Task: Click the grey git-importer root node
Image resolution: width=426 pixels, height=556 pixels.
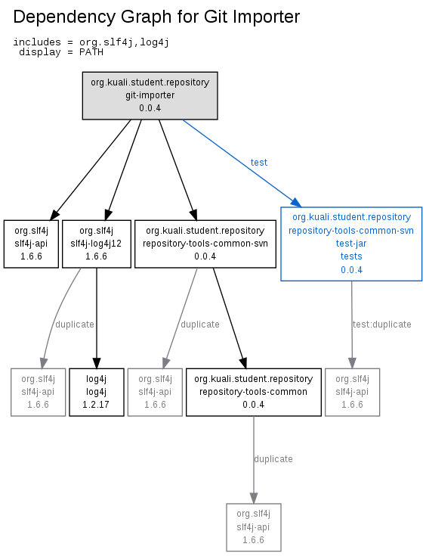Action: click(150, 95)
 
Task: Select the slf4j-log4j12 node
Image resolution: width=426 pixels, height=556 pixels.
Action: click(97, 244)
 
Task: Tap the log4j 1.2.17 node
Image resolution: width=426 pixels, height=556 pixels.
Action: click(97, 392)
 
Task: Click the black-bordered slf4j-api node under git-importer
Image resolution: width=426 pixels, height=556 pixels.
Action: click(31, 244)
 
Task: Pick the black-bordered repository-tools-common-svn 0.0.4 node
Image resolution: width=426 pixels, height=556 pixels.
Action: click(205, 244)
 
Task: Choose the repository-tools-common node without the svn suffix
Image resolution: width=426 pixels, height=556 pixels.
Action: click(254, 392)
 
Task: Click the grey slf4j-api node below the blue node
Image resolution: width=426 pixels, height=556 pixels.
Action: click(352, 392)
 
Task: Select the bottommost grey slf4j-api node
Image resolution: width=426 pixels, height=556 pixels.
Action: click(254, 527)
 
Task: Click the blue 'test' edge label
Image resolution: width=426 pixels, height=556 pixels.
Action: click(259, 163)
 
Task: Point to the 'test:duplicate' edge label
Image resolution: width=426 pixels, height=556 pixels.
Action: click(381, 325)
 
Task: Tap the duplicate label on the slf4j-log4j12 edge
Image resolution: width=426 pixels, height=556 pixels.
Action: click(75, 325)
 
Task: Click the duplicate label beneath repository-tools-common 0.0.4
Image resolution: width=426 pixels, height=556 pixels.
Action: click(273, 459)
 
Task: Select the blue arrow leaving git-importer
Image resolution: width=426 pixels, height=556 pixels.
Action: click(242, 163)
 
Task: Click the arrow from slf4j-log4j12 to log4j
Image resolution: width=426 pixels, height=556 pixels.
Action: click(97, 318)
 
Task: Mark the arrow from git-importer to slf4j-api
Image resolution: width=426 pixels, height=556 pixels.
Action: click(91, 170)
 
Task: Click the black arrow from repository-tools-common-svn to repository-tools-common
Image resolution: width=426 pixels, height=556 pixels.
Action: click(230, 318)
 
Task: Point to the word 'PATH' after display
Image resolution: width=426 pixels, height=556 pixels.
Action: click(91, 52)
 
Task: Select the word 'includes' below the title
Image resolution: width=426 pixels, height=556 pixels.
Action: click(37, 42)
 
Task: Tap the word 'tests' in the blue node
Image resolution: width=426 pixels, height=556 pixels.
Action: click(351, 256)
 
